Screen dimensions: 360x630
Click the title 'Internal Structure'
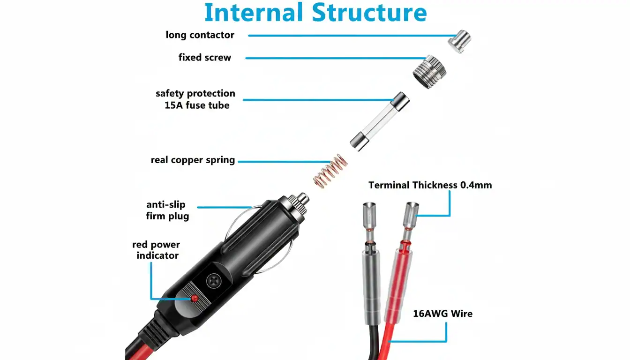(315, 13)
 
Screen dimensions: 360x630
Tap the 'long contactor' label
(200, 35)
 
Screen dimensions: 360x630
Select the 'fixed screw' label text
(204, 58)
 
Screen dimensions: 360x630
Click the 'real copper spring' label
(193, 160)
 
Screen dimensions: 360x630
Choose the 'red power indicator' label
(157, 250)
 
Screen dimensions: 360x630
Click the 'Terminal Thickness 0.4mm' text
(430, 185)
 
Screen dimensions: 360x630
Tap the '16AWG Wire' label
(442, 314)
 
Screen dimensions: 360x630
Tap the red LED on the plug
(194, 298)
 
